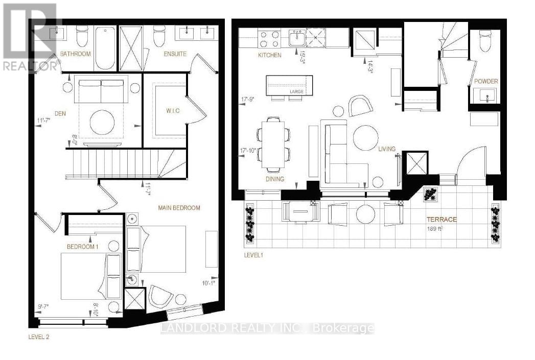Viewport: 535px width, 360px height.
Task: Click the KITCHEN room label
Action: [x=269, y=55]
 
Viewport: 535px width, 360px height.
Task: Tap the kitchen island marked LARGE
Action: [x=289, y=84]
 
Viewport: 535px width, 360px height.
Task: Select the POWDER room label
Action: [x=485, y=82]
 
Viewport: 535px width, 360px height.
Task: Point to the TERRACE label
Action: [x=441, y=220]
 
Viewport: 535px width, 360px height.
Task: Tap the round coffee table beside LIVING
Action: [x=366, y=137]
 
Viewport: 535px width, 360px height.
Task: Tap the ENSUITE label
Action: [x=175, y=54]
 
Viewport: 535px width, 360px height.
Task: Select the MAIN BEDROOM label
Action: [x=178, y=208]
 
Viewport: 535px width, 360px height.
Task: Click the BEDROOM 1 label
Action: [x=82, y=247]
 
